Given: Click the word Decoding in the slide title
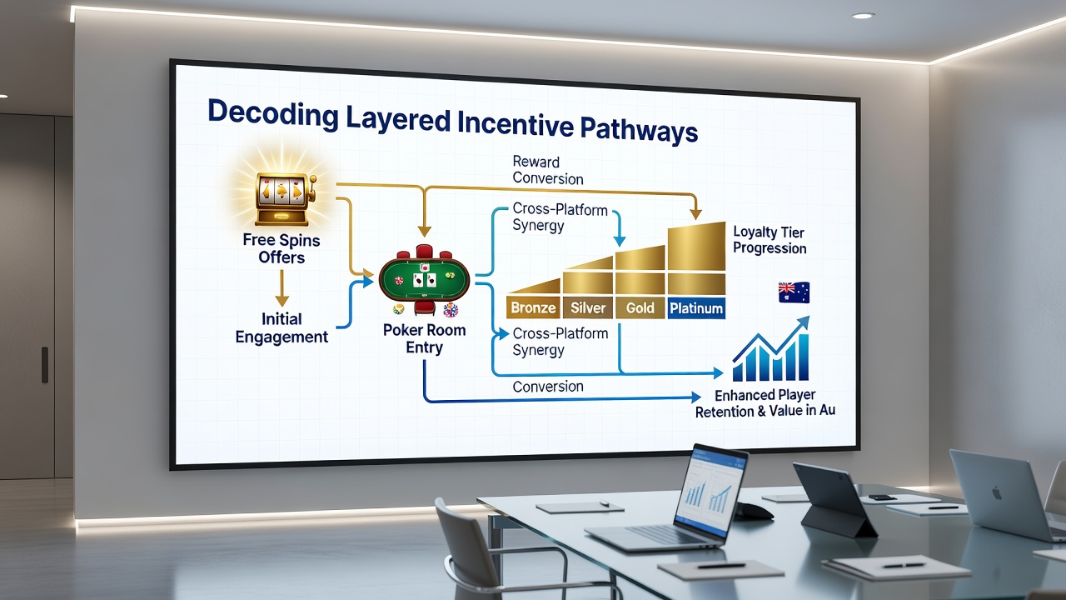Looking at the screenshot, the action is point(272,114).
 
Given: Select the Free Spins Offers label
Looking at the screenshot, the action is point(281,248).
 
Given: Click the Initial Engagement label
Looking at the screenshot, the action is point(281,327).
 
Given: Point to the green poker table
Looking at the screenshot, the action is point(424,279).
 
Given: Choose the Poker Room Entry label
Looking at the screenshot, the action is point(424,338).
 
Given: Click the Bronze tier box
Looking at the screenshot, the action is point(533,307).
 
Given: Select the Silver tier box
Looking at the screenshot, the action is point(588,307).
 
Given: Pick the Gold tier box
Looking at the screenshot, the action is point(640,307).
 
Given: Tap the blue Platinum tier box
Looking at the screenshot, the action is point(696,307).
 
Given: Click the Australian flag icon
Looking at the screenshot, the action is point(794,292).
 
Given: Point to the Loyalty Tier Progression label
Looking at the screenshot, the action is point(769,240).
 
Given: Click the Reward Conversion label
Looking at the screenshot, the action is point(547,170).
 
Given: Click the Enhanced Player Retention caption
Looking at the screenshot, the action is point(765,402).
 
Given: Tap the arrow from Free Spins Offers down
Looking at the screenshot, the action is point(281,287).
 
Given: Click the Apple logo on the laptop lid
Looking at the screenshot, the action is point(996,492).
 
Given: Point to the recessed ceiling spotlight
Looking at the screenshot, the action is point(864,16).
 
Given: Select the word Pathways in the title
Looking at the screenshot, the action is point(639,128).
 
